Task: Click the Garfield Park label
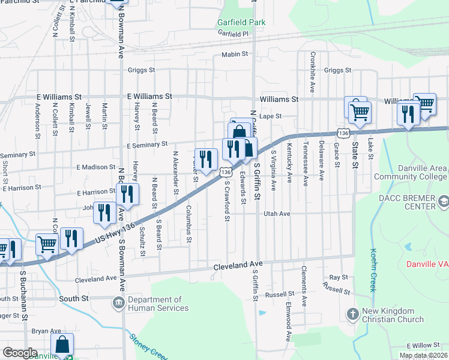tap(241, 22)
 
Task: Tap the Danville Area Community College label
tap(411, 172)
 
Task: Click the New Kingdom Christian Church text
tap(388, 315)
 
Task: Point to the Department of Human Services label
tap(154, 304)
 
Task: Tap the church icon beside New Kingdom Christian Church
tap(352, 313)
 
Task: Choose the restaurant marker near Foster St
tap(206, 160)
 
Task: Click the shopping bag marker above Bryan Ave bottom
tap(62, 345)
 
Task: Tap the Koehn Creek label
tap(373, 270)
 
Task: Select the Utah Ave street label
tap(277, 214)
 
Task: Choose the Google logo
tap(20, 353)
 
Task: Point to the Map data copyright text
tap(423, 355)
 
